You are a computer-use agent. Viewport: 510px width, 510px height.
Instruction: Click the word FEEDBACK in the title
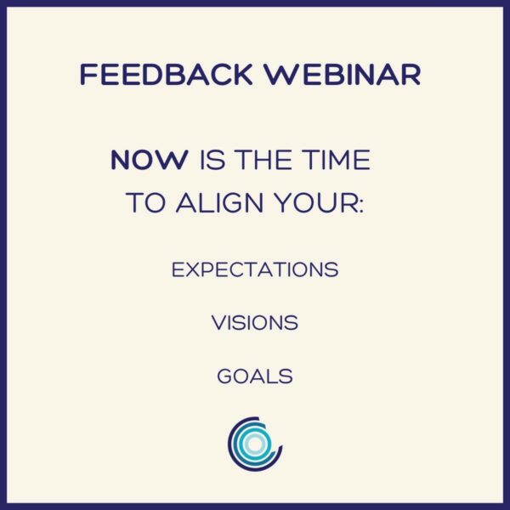(x=166, y=75)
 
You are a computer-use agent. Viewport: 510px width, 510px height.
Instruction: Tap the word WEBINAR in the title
(x=342, y=75)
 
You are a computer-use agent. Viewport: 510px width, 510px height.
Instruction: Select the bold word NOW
(x=150, y=160)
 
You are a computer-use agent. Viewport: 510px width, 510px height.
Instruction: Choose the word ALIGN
(x=219, y=202)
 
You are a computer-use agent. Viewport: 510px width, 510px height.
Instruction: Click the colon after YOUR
(x=360, y=206)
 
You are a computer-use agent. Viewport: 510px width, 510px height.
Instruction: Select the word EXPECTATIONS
(x=255, y=269)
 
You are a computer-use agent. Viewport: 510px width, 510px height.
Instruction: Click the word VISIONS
(x=255, y=323)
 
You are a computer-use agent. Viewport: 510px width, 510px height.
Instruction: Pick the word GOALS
(x=255, y=377)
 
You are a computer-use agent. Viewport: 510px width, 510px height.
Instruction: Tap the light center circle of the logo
(x=255, y=444)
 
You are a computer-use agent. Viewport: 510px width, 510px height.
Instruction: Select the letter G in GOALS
(x=225, y=377)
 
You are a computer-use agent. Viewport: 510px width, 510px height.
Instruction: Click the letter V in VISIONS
(x=220, y=323)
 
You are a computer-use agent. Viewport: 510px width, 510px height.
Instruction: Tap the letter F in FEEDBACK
(x=88, y=75)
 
